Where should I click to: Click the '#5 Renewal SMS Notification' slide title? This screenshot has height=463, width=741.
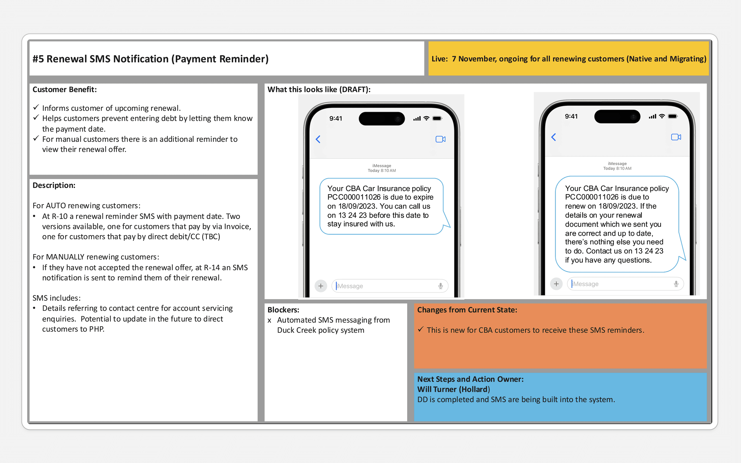(150, 59)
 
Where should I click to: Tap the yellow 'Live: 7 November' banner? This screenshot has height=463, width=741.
(568, 59)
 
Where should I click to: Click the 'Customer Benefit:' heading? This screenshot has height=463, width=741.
(65, 89)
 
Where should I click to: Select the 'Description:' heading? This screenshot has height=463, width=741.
(54, 185)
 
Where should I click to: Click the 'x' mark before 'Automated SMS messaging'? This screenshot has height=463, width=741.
(270, 321)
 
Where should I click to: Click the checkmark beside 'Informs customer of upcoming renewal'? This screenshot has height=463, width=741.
(36, 107)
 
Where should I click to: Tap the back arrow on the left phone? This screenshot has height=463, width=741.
(318, 139)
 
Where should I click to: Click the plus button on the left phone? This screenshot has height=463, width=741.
(320, 286)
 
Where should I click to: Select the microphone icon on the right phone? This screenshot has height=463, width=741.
(676, 284)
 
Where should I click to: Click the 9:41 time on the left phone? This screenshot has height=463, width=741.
(336, 119)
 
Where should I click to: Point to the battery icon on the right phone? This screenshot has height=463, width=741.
(673, 116)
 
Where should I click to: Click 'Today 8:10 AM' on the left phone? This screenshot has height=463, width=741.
(382, 171)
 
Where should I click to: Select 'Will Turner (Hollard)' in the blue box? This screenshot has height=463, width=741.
(453, 389)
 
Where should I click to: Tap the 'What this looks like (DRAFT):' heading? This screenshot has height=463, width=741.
(319, 89)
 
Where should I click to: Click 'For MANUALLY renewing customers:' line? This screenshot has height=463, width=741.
(96, 257)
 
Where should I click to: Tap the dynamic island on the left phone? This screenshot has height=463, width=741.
(382, 119)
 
